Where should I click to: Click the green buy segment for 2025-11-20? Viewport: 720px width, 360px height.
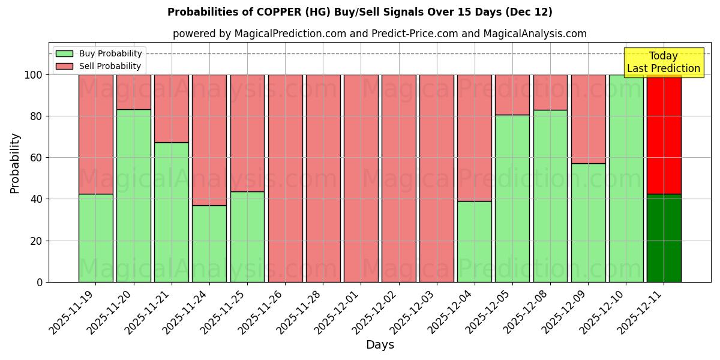coord(133,196)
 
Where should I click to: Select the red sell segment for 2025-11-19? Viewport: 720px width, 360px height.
coord(95,134)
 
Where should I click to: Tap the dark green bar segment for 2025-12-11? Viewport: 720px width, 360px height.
coord(664,238)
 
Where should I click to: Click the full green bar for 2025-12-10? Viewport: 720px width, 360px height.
coord(626,178)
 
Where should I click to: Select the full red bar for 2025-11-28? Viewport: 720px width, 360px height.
coord(323,178)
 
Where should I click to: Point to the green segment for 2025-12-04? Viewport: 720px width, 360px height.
coord(474,241)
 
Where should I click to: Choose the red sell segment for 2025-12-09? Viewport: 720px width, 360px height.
coord(588,119)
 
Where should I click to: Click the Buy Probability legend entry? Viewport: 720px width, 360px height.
coord(99,53)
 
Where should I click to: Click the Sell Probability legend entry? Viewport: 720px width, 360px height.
coord(99,66)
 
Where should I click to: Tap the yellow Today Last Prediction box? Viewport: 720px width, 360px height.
coord(663,62)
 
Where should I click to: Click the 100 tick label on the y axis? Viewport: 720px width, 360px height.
coord(34,75)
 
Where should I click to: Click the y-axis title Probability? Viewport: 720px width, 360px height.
coord(15,163)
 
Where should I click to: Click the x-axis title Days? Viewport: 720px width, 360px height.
coord(380,345)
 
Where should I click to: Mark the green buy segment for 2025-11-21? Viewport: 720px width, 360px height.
coord(171,212)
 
